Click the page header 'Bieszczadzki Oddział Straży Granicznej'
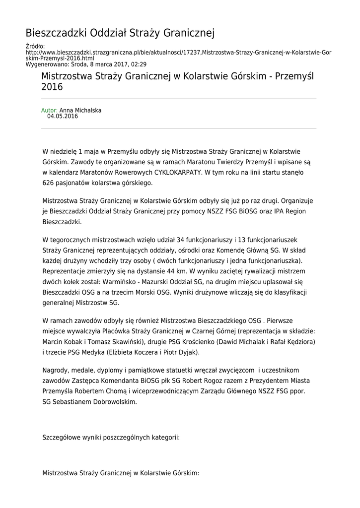point(120,33)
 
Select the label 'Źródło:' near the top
point(35,46)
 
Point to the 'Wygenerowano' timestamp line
point(85,64)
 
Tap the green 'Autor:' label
point(49,110)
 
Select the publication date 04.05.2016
point(63,117)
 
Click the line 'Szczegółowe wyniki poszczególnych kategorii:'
point(111,438)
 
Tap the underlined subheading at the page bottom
point(121,474)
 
